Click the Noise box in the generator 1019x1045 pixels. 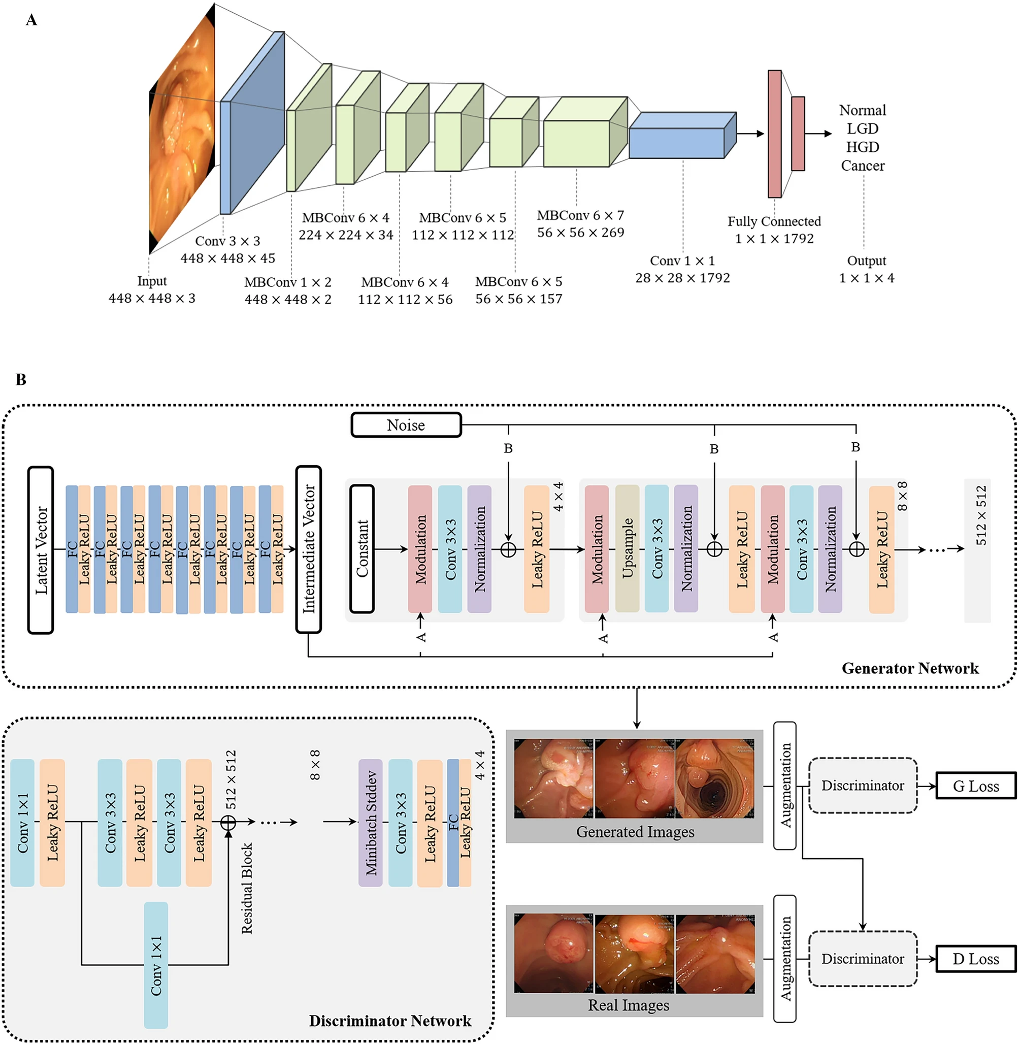406,425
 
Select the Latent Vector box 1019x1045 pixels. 41,550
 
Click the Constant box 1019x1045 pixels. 363,549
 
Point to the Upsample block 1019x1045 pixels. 627,549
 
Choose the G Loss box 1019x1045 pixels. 976,786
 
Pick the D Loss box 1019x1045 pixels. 976,958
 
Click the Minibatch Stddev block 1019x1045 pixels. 370,822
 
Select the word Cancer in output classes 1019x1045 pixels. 862,166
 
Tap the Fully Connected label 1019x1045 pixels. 774,221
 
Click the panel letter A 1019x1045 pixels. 31,20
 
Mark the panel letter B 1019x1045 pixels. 21,380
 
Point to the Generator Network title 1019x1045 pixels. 910,668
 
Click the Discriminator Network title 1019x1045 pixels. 390,1021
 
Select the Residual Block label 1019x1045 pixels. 247,888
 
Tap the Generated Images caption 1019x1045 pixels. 635,831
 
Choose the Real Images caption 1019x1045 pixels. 629,1005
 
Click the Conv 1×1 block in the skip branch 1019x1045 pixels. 156,965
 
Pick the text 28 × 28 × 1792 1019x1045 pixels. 682,278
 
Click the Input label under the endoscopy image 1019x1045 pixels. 152,281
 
